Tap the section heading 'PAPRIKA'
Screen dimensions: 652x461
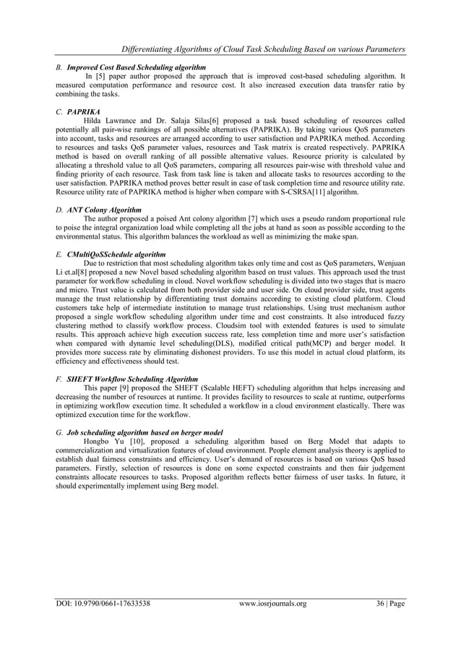pyautogui.click(x=85, y=113)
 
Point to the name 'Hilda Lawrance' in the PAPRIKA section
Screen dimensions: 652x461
pyautogui.click(x=108, y=121)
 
